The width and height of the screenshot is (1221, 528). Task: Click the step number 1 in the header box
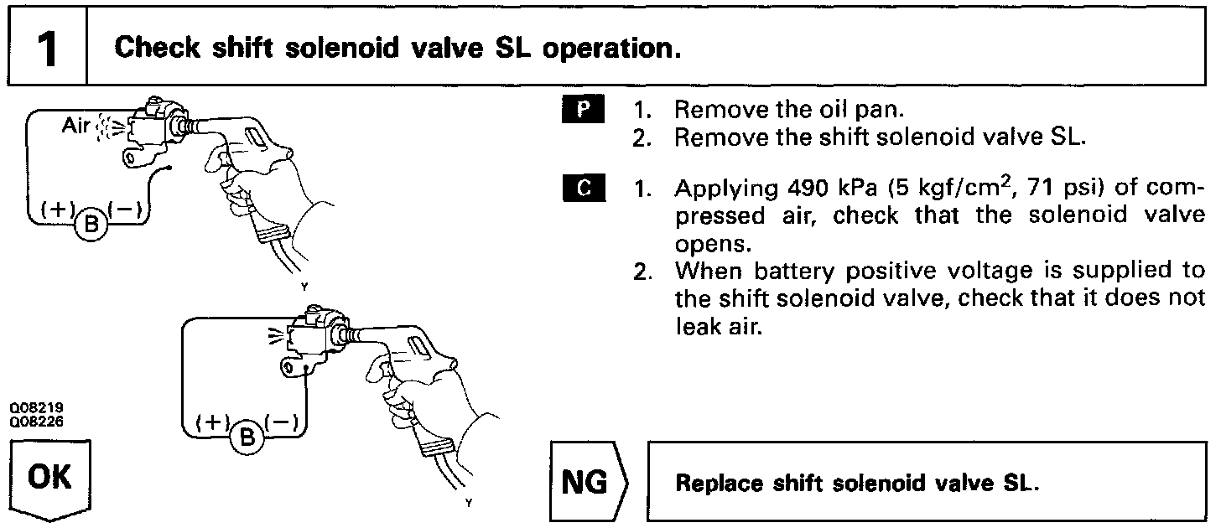point(47,49)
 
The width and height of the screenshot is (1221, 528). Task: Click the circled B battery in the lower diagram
point(247,435)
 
